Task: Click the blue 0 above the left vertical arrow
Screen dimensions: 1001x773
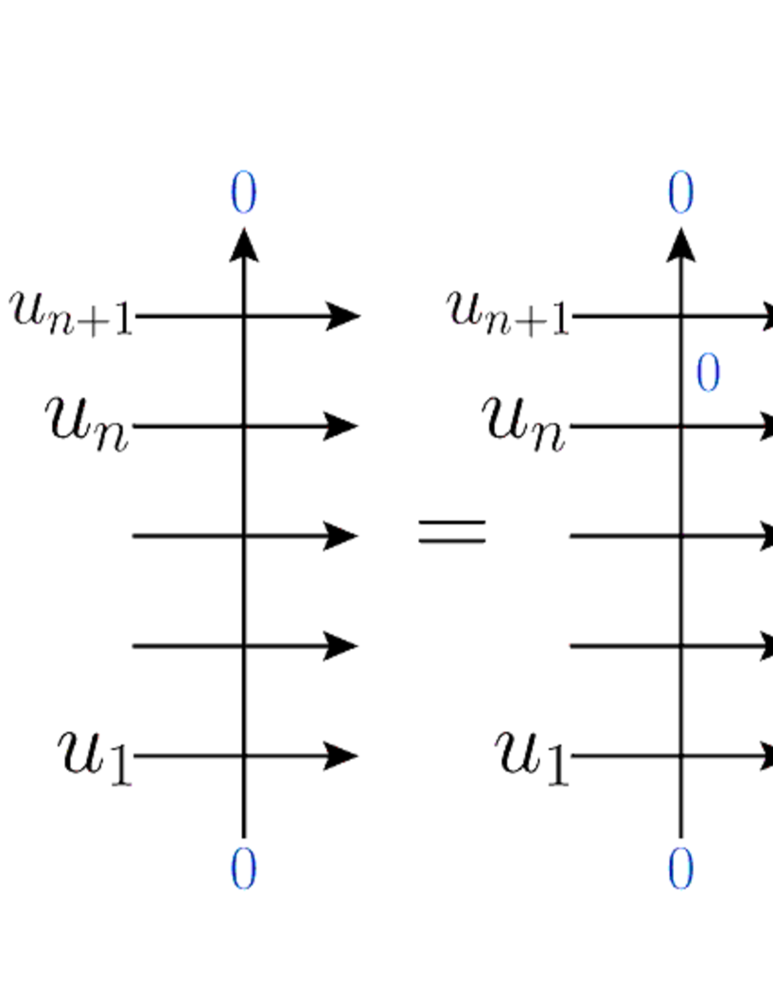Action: pos(243,194)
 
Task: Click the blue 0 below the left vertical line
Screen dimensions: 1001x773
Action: pos(243,869)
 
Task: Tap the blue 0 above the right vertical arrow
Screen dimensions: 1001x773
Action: pos(680,194)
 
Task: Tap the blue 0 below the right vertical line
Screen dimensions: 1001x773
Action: pos(680,869)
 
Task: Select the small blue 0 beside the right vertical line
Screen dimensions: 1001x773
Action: pos(708,374)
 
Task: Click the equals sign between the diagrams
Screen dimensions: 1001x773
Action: pos(452,532)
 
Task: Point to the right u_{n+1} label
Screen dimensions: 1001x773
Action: pos(509,312)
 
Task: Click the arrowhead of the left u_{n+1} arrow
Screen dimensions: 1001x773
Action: pos(343,316)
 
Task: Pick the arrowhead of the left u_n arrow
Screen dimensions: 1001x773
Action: pos(343,427)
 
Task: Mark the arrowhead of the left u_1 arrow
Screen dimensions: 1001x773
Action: pos(343,756)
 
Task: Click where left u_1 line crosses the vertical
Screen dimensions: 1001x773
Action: pos(244,756)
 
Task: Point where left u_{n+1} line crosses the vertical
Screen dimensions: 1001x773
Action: pos(244,316)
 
